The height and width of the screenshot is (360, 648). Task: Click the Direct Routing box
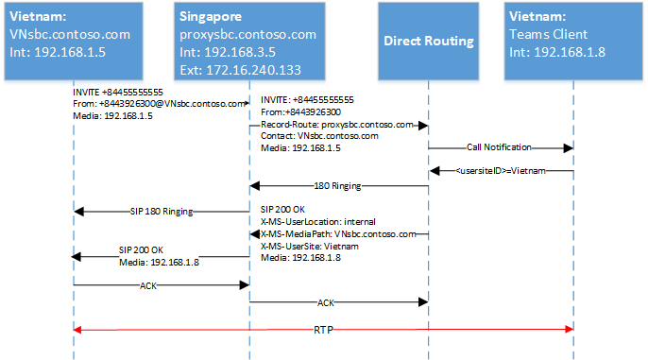click(428, 41)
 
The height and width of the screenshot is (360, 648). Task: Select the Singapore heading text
click(211, 16)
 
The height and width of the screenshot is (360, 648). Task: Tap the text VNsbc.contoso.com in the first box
click(70, 34)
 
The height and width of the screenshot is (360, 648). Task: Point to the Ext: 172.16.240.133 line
click(240, 70)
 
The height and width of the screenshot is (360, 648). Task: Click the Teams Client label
click(548, 34)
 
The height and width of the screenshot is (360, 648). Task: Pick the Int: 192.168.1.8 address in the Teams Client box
click(557, 52)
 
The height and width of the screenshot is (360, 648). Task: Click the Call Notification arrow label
click(499, 147)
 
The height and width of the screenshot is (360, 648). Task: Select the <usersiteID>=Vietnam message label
click(501, 171)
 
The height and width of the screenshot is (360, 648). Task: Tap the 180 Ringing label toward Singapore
click(337, 186)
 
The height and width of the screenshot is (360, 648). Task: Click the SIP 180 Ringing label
click(162, 212)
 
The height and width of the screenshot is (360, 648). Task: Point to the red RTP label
click(323, 330)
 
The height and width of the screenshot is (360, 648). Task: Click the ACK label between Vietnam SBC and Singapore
click(148, 285)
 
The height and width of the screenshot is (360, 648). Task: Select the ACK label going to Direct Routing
click(326, 303)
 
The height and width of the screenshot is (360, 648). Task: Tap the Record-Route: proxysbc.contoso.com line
click(337, 125)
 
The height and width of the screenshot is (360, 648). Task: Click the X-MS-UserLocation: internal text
click(317, 221)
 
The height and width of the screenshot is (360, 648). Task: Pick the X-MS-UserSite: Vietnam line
click(310, 247)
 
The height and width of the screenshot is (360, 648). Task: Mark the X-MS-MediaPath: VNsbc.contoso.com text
click(338, 234)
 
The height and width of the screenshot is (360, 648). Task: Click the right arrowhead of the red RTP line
click(570, 329)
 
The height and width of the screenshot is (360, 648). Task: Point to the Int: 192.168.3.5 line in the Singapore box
click(228, 52)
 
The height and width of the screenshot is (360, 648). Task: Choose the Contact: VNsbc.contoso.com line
click(319, 136)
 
